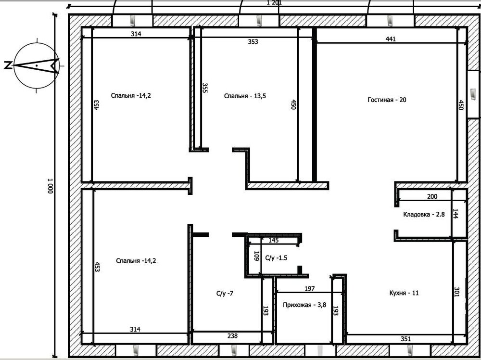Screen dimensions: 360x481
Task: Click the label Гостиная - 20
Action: tap(387, 100)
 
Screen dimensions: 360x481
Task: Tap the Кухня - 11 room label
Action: tap(404, 293)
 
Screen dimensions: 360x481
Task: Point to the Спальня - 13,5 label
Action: tap(245, 96)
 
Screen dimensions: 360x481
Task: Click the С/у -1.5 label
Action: tap(276, 258)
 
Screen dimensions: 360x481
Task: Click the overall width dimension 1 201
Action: tap(274, 3)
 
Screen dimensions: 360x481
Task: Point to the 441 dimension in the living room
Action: tap(391, 39)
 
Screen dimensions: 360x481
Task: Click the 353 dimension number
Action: tap(253, 42)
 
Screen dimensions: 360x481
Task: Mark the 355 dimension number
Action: tap(205, 88)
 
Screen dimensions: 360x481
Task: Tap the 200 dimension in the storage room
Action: tap(432, 197)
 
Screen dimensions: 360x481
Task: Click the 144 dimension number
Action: tap(456, 214)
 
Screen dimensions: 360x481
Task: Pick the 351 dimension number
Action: tap(405, 339)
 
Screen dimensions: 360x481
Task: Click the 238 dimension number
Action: tap(232, 336)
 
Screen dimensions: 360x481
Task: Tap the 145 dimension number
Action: tap(274, 240)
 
